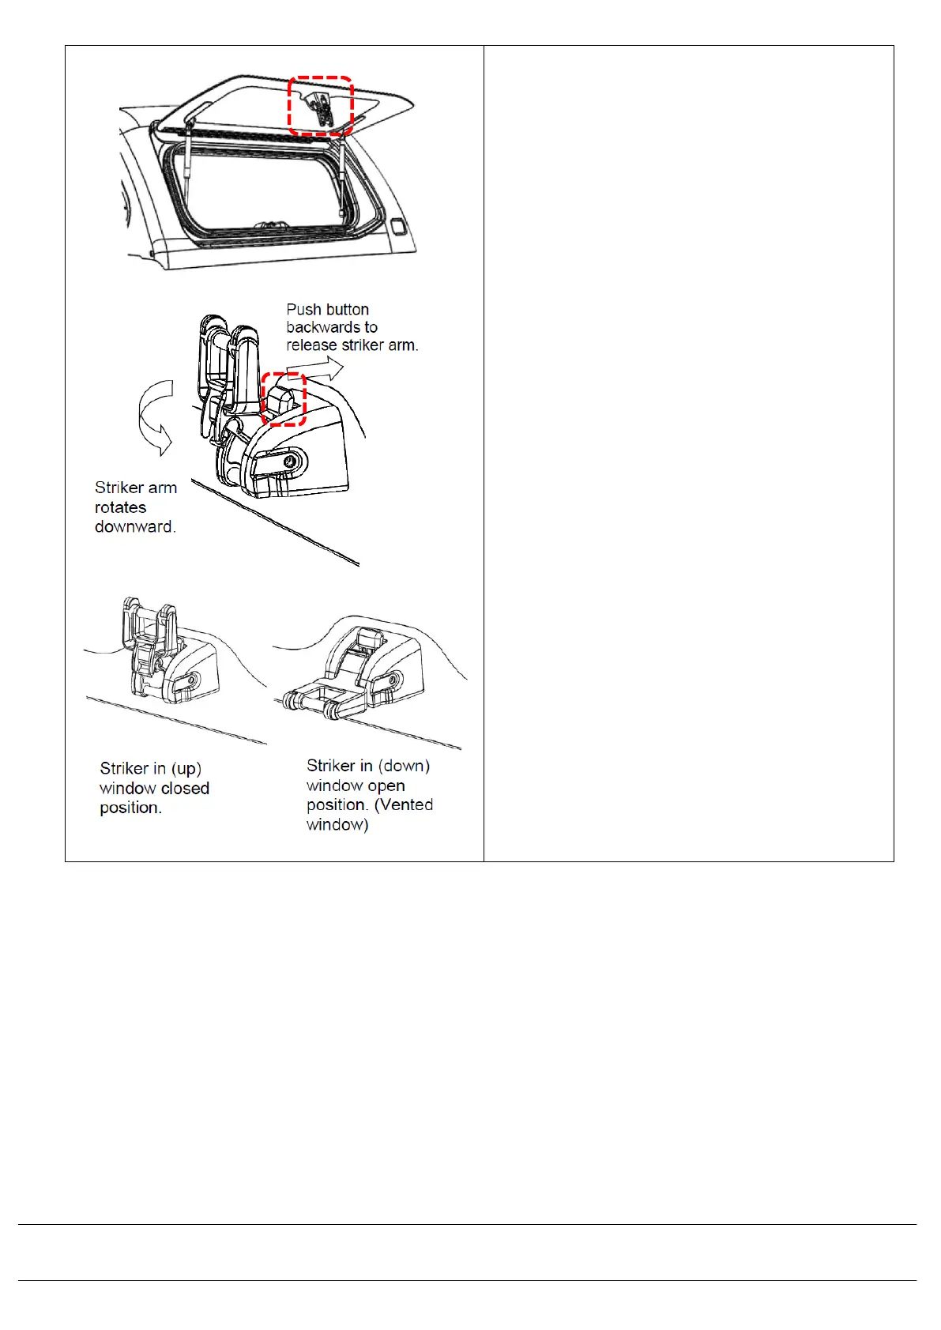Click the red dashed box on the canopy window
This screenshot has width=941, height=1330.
tap(320, 105)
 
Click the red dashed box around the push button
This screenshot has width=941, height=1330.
tap(284, 399)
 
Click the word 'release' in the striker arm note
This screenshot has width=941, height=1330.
tap(311, 345)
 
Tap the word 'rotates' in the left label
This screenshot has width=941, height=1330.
tap(120, 507)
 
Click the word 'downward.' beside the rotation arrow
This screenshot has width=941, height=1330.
tap(135, 526)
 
